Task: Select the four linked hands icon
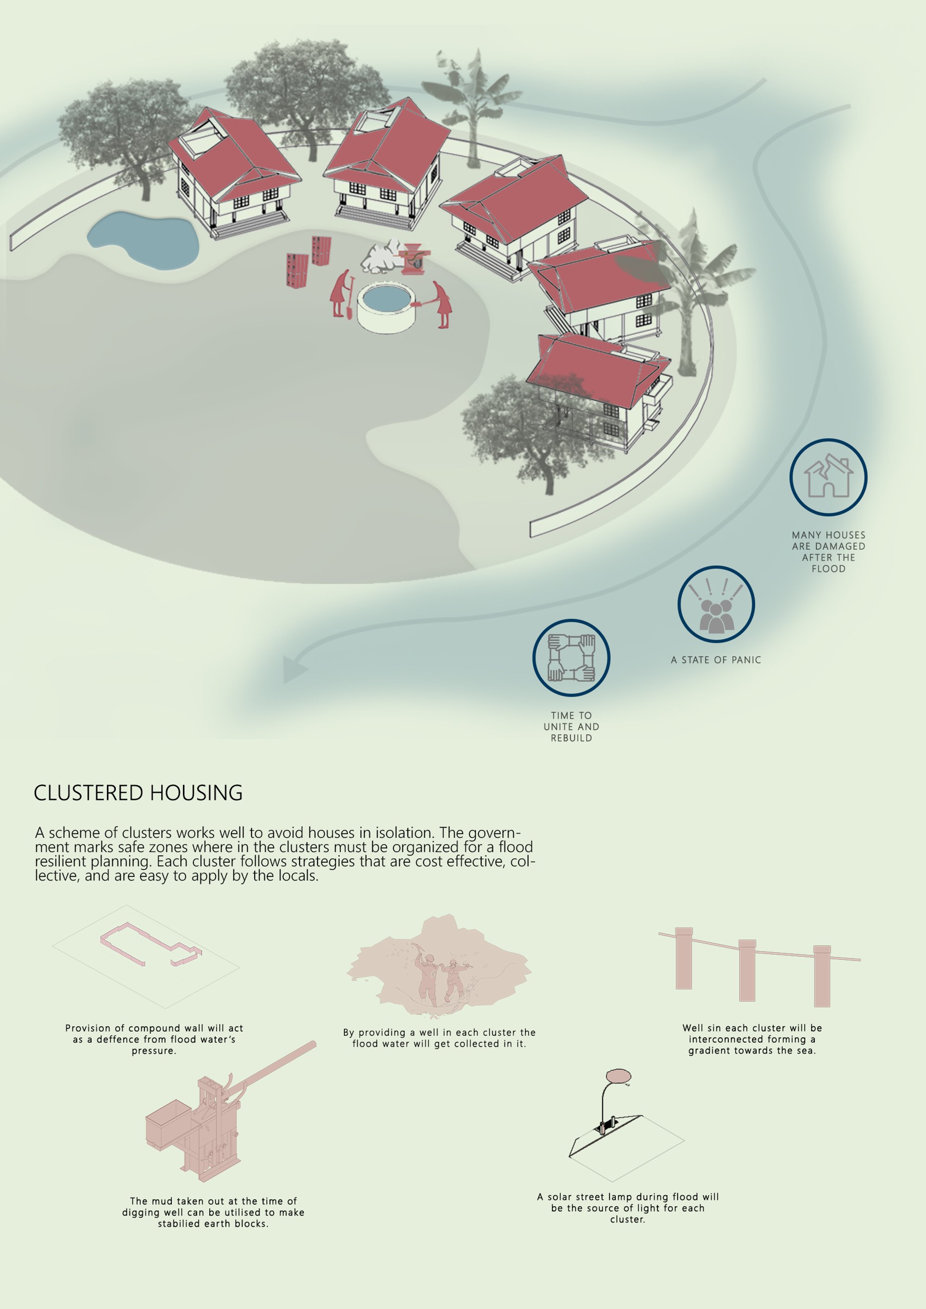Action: (x=571, y=657)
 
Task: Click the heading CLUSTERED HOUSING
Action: (x=138, y=793)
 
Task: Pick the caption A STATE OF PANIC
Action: (x=716, y=660)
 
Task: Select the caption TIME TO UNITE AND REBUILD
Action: (x=571, y=726)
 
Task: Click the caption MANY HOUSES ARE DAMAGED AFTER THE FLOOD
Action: (x=828, y=551)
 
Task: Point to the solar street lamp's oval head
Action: (x=618, y=1076)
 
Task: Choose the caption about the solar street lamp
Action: (x=628, y=1208)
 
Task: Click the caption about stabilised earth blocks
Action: (x=213, y=1212)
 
